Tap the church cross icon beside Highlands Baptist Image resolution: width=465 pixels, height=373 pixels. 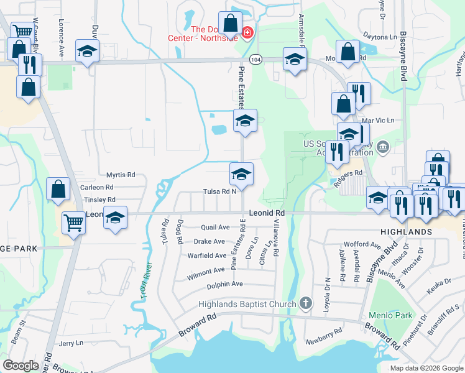click(305, 303)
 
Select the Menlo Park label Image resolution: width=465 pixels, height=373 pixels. click(390, 315)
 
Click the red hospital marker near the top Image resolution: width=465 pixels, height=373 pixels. click(247, 32)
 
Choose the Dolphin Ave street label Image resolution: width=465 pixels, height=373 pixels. click(224, 284)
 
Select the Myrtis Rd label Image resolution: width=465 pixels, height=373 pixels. click(120, 175)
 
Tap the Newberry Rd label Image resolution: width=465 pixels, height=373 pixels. click(324, 342)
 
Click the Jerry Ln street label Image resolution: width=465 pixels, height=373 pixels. click(70, 343)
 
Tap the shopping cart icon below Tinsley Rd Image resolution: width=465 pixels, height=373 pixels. click(74, 221)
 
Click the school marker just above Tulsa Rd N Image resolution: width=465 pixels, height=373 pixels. click(241, 174)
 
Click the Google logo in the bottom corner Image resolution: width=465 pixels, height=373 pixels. click(21, 366)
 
